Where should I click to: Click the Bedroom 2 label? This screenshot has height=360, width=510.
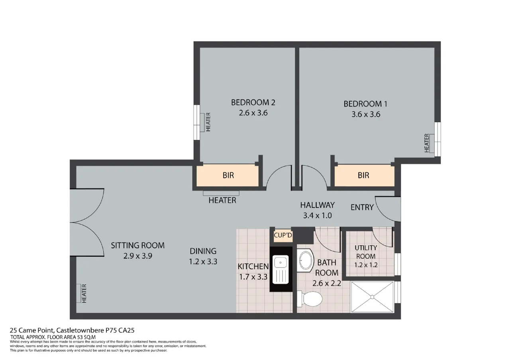pos(253,102)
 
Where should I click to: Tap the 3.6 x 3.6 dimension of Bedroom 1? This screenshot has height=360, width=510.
pos(366,114)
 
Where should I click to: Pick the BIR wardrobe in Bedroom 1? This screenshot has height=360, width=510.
pos(364,175)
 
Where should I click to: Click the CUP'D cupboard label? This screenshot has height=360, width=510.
pos(283,235)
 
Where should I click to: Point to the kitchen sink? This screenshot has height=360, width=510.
pos(281,270)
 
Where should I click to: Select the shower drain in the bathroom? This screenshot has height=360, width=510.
pos(372,297)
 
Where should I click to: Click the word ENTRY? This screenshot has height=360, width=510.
pos(362,207)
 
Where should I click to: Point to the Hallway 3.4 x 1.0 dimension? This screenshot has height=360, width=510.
pos(317,215)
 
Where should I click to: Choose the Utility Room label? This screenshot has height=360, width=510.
pos(366,252)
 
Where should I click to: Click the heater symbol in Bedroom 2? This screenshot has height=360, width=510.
pos(202,122)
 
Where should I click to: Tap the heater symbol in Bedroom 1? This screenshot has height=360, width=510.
pos(432,143)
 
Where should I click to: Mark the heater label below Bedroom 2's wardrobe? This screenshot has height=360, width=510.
pos(222,200)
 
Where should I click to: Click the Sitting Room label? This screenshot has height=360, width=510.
pos(137,245)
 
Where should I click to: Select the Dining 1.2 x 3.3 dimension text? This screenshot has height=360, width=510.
pos(203,262)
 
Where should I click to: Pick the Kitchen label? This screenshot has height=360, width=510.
pos(253,266)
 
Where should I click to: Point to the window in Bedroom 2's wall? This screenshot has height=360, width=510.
pos(197,122)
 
